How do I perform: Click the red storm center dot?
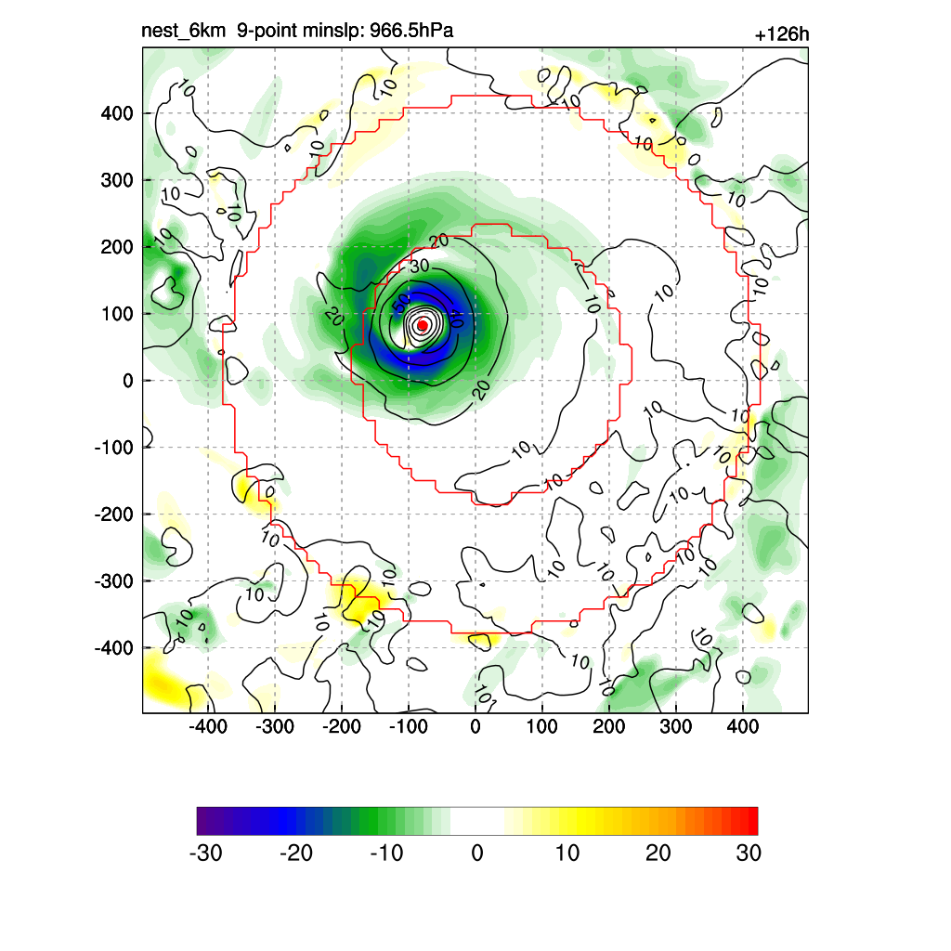423,325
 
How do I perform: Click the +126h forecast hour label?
782,35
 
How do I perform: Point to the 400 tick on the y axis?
117,113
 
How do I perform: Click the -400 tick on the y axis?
114,647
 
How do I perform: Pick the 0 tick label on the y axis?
128,381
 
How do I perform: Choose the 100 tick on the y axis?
117,314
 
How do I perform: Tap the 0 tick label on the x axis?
475,726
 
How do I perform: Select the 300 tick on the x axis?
676,726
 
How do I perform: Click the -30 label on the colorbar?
205,853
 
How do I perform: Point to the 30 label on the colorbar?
749,853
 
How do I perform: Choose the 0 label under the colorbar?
477,853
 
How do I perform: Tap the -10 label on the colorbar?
386,853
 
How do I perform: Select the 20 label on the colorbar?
658,853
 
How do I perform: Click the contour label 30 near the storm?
419,266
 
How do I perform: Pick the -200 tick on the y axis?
114,514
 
